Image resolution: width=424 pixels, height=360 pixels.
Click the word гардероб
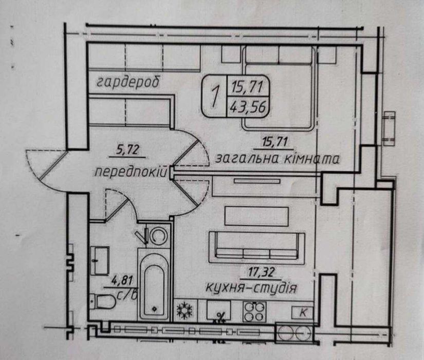[x=128, y=82]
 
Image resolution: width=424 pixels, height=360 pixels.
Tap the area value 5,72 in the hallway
[x=127, y=150]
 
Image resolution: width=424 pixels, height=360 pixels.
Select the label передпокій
[x=131, y=172]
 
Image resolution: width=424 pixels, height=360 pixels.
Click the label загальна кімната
[x=277, y=158]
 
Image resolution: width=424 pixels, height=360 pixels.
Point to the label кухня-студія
[x=251, y=288]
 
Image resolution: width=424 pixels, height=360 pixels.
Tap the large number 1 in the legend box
[x=215, y=97]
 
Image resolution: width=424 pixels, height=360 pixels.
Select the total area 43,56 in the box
[x=247, y=107]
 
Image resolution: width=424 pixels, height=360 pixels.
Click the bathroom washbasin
[x=100, y=261]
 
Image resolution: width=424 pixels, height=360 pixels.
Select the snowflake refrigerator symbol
[x=185, y=310]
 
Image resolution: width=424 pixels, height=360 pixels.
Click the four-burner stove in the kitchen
[x=254, y=312]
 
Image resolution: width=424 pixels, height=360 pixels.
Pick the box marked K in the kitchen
[x=303, y=313]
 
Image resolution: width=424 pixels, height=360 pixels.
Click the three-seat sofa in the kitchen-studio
[x=257, y=247]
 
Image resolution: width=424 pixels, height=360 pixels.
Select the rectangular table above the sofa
[x=256, y=216]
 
